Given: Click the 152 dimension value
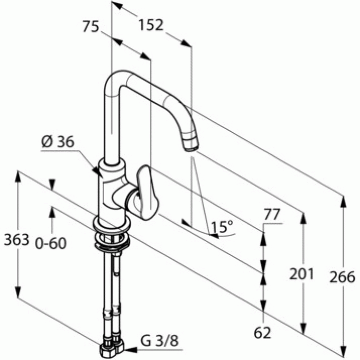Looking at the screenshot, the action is tap(151, 25).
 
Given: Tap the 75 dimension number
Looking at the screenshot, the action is tap(91, 26).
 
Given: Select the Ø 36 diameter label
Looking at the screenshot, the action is tap(58, 141).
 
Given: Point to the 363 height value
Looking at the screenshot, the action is tap(17, 240).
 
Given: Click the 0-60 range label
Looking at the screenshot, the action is tap(51, 243).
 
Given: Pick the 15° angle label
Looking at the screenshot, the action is tap(222, 227).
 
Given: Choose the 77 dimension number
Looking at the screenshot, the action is tap(272, 214).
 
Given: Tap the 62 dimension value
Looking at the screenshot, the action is tap(262, 332).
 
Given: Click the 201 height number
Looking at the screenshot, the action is tap(301, 274).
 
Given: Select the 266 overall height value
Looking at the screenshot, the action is tap(342, 277).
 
